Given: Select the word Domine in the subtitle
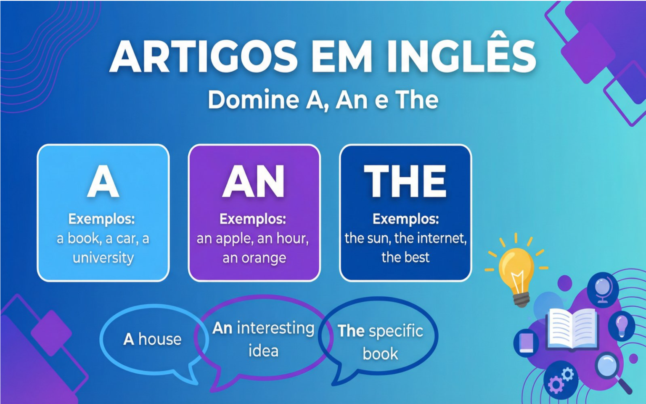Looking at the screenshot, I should point(254,100).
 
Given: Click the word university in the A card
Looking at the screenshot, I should point(103,258).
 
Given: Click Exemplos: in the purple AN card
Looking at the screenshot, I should point(253,219).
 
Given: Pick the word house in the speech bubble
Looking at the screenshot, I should point(160,339).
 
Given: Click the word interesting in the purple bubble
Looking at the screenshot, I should point(275,328).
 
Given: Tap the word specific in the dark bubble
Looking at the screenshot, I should point(395,331).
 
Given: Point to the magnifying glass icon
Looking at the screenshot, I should point(610,368).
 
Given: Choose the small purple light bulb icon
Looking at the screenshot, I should point(622,325).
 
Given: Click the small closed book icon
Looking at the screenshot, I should point(526,343).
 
